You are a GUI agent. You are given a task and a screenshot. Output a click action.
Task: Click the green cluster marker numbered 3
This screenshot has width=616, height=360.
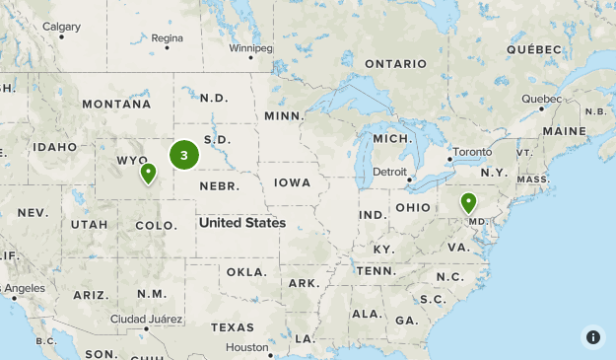184,155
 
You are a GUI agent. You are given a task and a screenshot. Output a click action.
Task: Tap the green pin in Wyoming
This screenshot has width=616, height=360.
148,174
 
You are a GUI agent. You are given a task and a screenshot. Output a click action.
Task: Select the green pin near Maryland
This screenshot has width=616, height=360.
469,203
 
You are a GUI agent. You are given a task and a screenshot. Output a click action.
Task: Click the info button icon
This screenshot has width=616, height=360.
592,336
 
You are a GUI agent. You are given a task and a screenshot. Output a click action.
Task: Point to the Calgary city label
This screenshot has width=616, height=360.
62,27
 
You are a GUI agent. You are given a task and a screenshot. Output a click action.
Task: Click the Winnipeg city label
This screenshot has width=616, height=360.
249,47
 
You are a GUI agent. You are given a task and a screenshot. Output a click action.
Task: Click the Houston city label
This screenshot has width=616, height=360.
246,347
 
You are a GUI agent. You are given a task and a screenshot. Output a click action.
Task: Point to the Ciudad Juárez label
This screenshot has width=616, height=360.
144,319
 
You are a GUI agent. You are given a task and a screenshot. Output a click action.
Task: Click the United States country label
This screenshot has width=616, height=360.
241,223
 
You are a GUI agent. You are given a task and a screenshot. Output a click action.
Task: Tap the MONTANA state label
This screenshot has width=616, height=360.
116,104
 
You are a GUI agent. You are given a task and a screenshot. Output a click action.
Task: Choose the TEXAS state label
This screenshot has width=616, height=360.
233,326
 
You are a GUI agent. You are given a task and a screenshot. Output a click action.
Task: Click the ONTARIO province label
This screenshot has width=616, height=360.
395,64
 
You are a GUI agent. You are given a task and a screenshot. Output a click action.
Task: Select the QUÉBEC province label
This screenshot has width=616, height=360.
533,48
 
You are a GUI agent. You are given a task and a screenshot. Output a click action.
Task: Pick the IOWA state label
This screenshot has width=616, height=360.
293,182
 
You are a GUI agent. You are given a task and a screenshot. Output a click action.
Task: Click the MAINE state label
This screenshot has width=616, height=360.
564,130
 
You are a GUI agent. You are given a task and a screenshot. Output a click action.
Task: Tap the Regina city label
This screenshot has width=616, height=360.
168,38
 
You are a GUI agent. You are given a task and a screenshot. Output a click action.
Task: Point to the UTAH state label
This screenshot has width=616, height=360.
89,225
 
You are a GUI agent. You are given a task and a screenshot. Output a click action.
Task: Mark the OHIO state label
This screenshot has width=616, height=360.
414,207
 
